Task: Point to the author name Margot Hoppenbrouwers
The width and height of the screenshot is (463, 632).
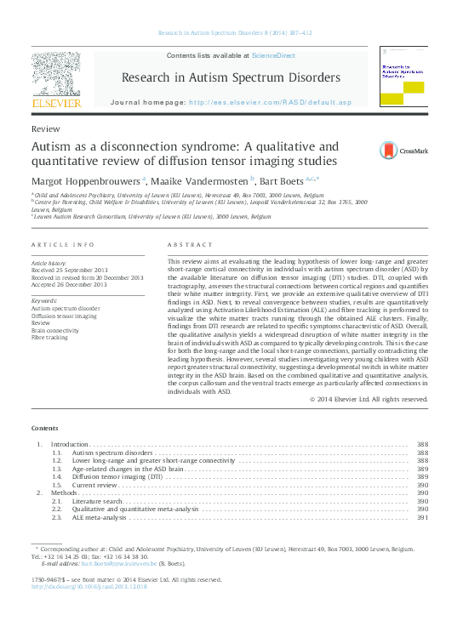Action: (x=85, y=179)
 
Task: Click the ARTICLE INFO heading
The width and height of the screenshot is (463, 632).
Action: (x=63, y=245)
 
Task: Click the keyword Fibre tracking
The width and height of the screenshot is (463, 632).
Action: (x=49, y=362)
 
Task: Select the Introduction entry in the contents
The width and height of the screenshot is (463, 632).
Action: (x=70, y=445)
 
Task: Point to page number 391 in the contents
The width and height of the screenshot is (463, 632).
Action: (x=422, y=517)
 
